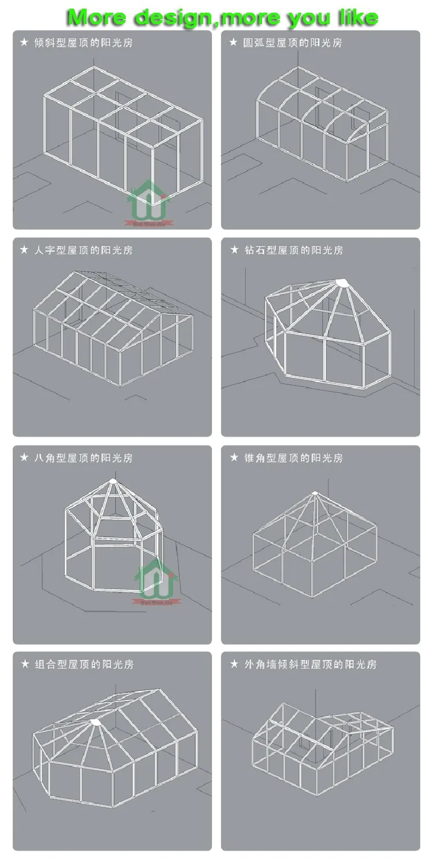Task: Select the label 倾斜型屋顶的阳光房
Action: coord(83,43)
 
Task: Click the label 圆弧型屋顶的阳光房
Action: coord(292,43)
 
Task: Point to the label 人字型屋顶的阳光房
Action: coord(83,250)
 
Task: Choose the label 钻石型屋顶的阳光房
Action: coord(293,250)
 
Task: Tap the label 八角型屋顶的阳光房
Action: coord(83,458)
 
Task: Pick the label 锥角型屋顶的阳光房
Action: coord(293,458)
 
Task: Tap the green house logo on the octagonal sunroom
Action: coord(156,579)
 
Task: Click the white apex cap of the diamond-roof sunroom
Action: coord(342,283)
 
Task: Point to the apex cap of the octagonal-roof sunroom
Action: coord(113,480)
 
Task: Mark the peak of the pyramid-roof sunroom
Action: coord(315,493)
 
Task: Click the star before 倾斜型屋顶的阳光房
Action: coord(24,43)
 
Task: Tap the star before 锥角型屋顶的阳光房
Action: coord(234,458)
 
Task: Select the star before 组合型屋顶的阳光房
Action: coord(24,665)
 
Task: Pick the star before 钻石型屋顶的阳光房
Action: coord(234,250)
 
